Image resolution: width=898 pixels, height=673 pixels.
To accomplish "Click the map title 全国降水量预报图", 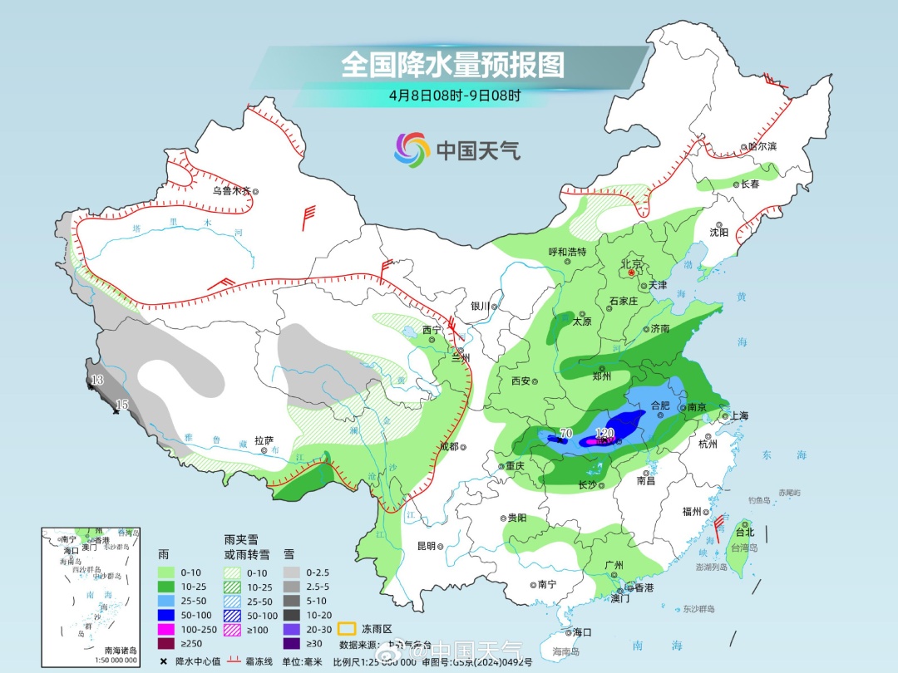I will click(x=452, y=64).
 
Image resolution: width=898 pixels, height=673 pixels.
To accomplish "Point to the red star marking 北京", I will click(x=632, y=272).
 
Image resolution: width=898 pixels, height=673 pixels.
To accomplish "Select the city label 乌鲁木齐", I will click(x=230, y=190).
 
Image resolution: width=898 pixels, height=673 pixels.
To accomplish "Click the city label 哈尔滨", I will click(x=761, y=146).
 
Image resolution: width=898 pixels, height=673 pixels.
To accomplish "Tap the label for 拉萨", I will click(x=264, y=440).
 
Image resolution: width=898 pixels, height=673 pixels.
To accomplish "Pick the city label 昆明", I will click(x=426, y=546).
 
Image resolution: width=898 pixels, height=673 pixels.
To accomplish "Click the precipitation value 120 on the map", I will click(x=604, y=433).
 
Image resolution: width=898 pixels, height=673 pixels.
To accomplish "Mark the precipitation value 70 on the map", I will click(x=566, y=433).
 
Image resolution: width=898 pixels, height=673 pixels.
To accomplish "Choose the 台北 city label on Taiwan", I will click(x=744, y=532).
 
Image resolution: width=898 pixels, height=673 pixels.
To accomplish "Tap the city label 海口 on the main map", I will click(x=582, y=632).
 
